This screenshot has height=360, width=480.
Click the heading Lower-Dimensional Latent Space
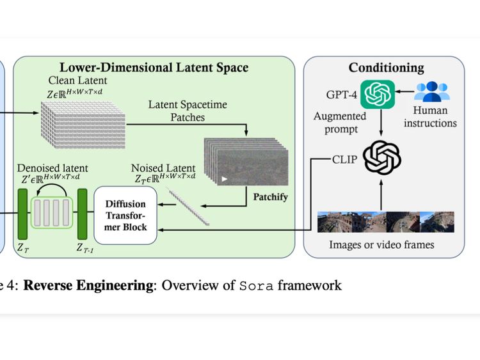(154, 67)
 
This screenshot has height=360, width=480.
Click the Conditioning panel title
(385, 67)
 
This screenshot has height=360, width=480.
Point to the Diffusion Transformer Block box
(125, 215)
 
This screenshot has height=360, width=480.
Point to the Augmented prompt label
(340, 122)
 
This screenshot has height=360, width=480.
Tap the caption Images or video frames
(381, 244)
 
